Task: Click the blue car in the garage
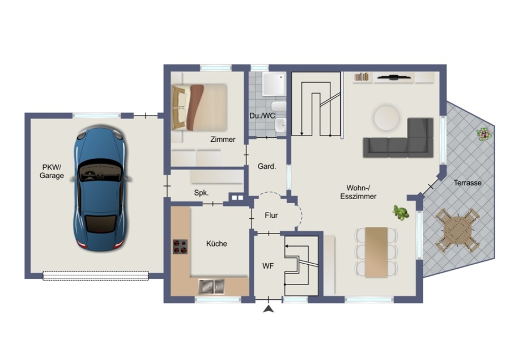point(100,188)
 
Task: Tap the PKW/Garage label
point(52,172)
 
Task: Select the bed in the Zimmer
point(199,107)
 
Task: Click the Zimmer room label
point(223,139)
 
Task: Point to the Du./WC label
point(262,116)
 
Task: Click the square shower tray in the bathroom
point(274,84)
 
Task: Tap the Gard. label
point(267,166)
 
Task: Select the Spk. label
point(201,193)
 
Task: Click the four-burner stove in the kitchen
point(180,247)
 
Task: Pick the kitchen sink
point(211,286)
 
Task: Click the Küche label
point(216,243)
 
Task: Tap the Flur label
point(271,215)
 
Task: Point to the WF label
point(268,266)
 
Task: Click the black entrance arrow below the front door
point(269,309)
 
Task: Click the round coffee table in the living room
point(386,118)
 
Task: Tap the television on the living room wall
point(394,77)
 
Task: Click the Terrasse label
point(467,183)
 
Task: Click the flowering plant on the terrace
point(484,134)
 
